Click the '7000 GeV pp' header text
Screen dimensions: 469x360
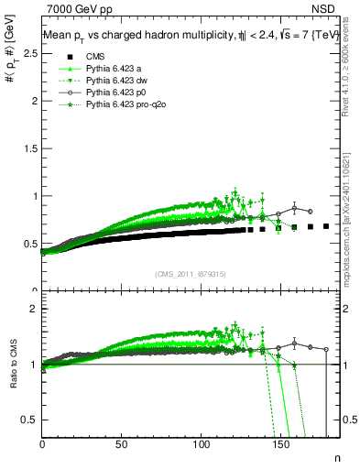click(x=79, y=8)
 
